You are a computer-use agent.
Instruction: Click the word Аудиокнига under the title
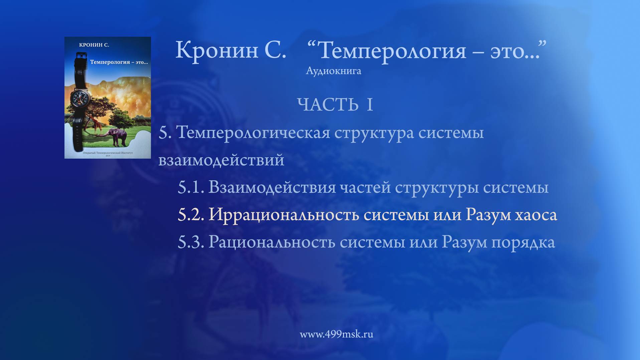click(x=333, y=71)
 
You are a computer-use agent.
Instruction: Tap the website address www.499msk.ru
click(x=336, y=334)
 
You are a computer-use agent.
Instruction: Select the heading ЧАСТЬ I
click(x=335, y=105)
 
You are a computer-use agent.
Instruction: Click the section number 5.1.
click(x=191, y=187)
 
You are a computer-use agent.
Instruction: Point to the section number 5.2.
click(x=191, y=215)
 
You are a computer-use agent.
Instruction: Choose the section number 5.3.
click(x=191, y=242)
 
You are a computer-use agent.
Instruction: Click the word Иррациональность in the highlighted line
click(x=284, y=215)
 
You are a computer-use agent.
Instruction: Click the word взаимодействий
click(x=221, y=160)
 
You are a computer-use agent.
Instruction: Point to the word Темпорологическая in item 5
click(x=253, y=133)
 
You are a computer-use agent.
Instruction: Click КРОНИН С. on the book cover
click(x=94, y=45)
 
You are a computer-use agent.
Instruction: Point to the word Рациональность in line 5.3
click(x=272, y=242)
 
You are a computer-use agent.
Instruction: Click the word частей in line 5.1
click(x=365, y=187)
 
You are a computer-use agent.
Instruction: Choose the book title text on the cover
click(x=119, y=62)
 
